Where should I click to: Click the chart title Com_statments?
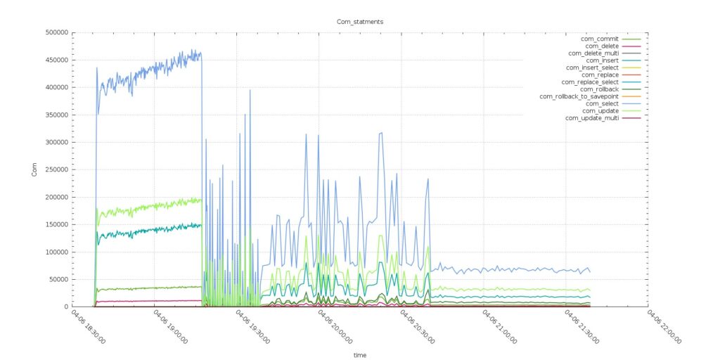[360, 22]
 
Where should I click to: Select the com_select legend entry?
[598, 103]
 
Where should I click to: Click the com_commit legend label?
[599, 39]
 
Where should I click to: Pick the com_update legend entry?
[600, 110]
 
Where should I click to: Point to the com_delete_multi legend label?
[593, 53]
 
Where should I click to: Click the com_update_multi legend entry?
[591, 118]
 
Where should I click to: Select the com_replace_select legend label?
[590, 82]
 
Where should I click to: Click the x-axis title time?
[360, 355]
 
